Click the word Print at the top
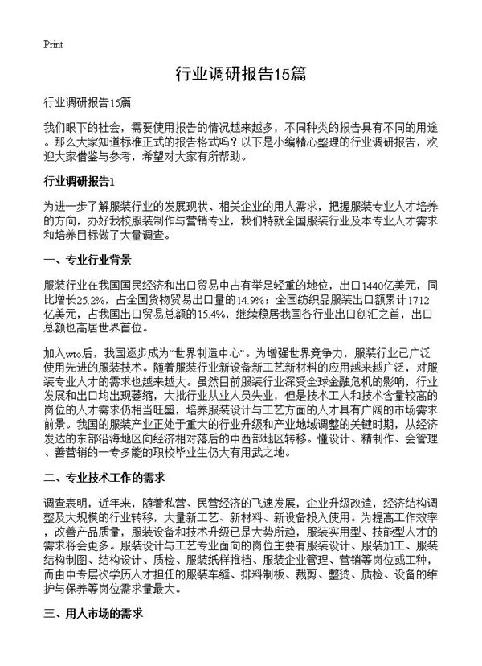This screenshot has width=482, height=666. pyautogui.click(x=52, y=43)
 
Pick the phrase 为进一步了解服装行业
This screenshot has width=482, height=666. pyautogui.click(x=108, y=206)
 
